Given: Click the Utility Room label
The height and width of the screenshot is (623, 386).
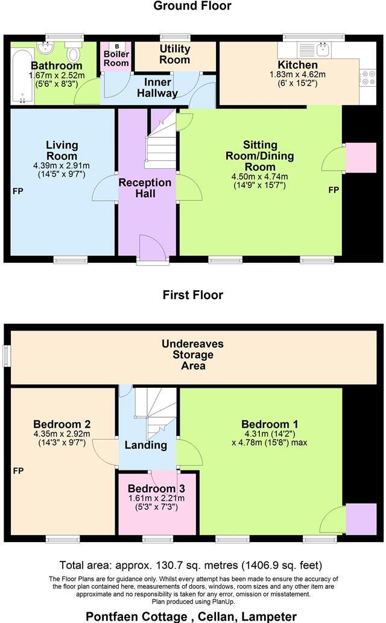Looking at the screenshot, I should coord(175,54).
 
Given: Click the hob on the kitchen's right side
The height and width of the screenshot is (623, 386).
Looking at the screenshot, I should coord(367,76).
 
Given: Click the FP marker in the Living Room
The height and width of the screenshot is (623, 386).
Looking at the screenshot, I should coord(17,192).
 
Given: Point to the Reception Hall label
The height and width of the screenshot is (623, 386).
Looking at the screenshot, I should coord(145,188).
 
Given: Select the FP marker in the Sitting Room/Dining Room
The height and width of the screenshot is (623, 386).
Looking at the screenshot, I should coord(334,191).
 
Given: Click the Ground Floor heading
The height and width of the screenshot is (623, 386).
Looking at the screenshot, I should coord(192,6).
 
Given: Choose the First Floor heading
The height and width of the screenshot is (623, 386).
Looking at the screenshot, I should coord(192,295).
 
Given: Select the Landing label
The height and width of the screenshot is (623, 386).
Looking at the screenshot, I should coord(145,446).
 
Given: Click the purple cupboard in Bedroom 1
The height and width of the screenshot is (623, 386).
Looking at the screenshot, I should coord(361,519).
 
